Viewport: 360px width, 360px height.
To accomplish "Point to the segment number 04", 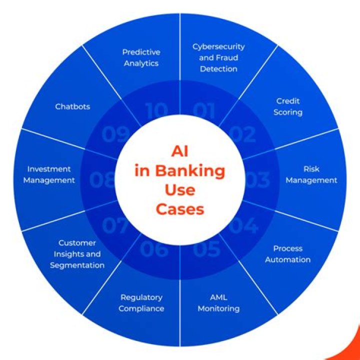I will click(243, 225).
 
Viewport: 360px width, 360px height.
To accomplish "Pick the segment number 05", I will click(206, 248).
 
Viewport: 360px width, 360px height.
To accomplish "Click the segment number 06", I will click(154, 248).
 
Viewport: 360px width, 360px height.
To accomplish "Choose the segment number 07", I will click(115, 225).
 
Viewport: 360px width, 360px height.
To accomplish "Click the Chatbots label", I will click(72, 106).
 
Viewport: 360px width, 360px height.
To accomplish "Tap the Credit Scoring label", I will click(288, 106).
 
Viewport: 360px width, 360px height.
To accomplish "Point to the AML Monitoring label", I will click(218, 303).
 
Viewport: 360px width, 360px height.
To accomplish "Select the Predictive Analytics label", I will click(141, 57).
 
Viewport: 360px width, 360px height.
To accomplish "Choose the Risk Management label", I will click(311, 174).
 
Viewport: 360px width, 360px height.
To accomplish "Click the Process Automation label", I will click(288, 254).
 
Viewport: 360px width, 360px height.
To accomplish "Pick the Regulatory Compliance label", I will click(141, 303).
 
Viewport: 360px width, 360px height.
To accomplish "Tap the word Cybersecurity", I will click(218, 46).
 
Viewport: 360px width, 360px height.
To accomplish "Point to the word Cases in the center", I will click(180, 208).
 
